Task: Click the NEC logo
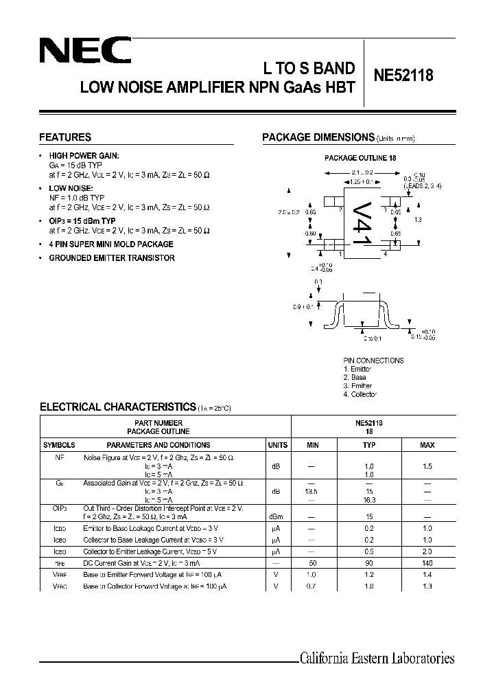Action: click(85, 52)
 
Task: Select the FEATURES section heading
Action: click(65, 137)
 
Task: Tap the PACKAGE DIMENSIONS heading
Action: click(318, 137)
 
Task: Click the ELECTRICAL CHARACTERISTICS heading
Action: click(118, 407)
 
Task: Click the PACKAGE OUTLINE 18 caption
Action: click(360, 158)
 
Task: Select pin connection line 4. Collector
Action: click(360, 394)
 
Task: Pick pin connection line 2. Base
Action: click(355, 378)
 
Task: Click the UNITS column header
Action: click(277, 445)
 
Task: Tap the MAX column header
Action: click(427, 445)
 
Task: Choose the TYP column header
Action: click(369, 445)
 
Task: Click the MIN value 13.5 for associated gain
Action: click(312, 492)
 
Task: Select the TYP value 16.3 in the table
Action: click(369, 500)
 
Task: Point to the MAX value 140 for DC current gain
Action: click(427, 562)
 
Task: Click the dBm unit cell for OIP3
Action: click(277, 516)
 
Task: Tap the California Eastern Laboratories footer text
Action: click(377, 659)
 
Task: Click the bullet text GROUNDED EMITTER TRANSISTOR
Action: click(112, 258)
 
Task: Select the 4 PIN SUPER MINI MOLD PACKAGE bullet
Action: click(111, 244)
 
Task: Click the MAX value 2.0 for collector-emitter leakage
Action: click(427, 551)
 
